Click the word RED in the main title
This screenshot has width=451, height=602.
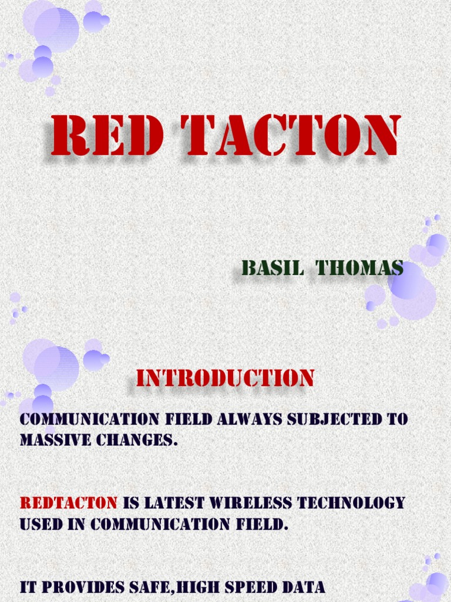(106, 136)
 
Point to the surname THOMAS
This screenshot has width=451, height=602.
(359, 268)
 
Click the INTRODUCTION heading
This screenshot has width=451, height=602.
(225, 378)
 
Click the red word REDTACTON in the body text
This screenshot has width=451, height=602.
(69, 503)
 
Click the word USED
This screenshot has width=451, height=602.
(39, 523)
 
